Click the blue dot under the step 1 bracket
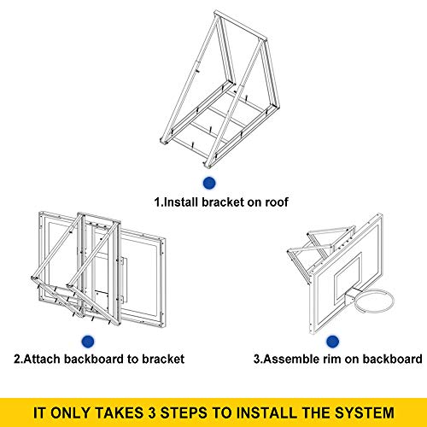208,183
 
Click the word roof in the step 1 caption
275,203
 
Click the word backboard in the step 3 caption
389,359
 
